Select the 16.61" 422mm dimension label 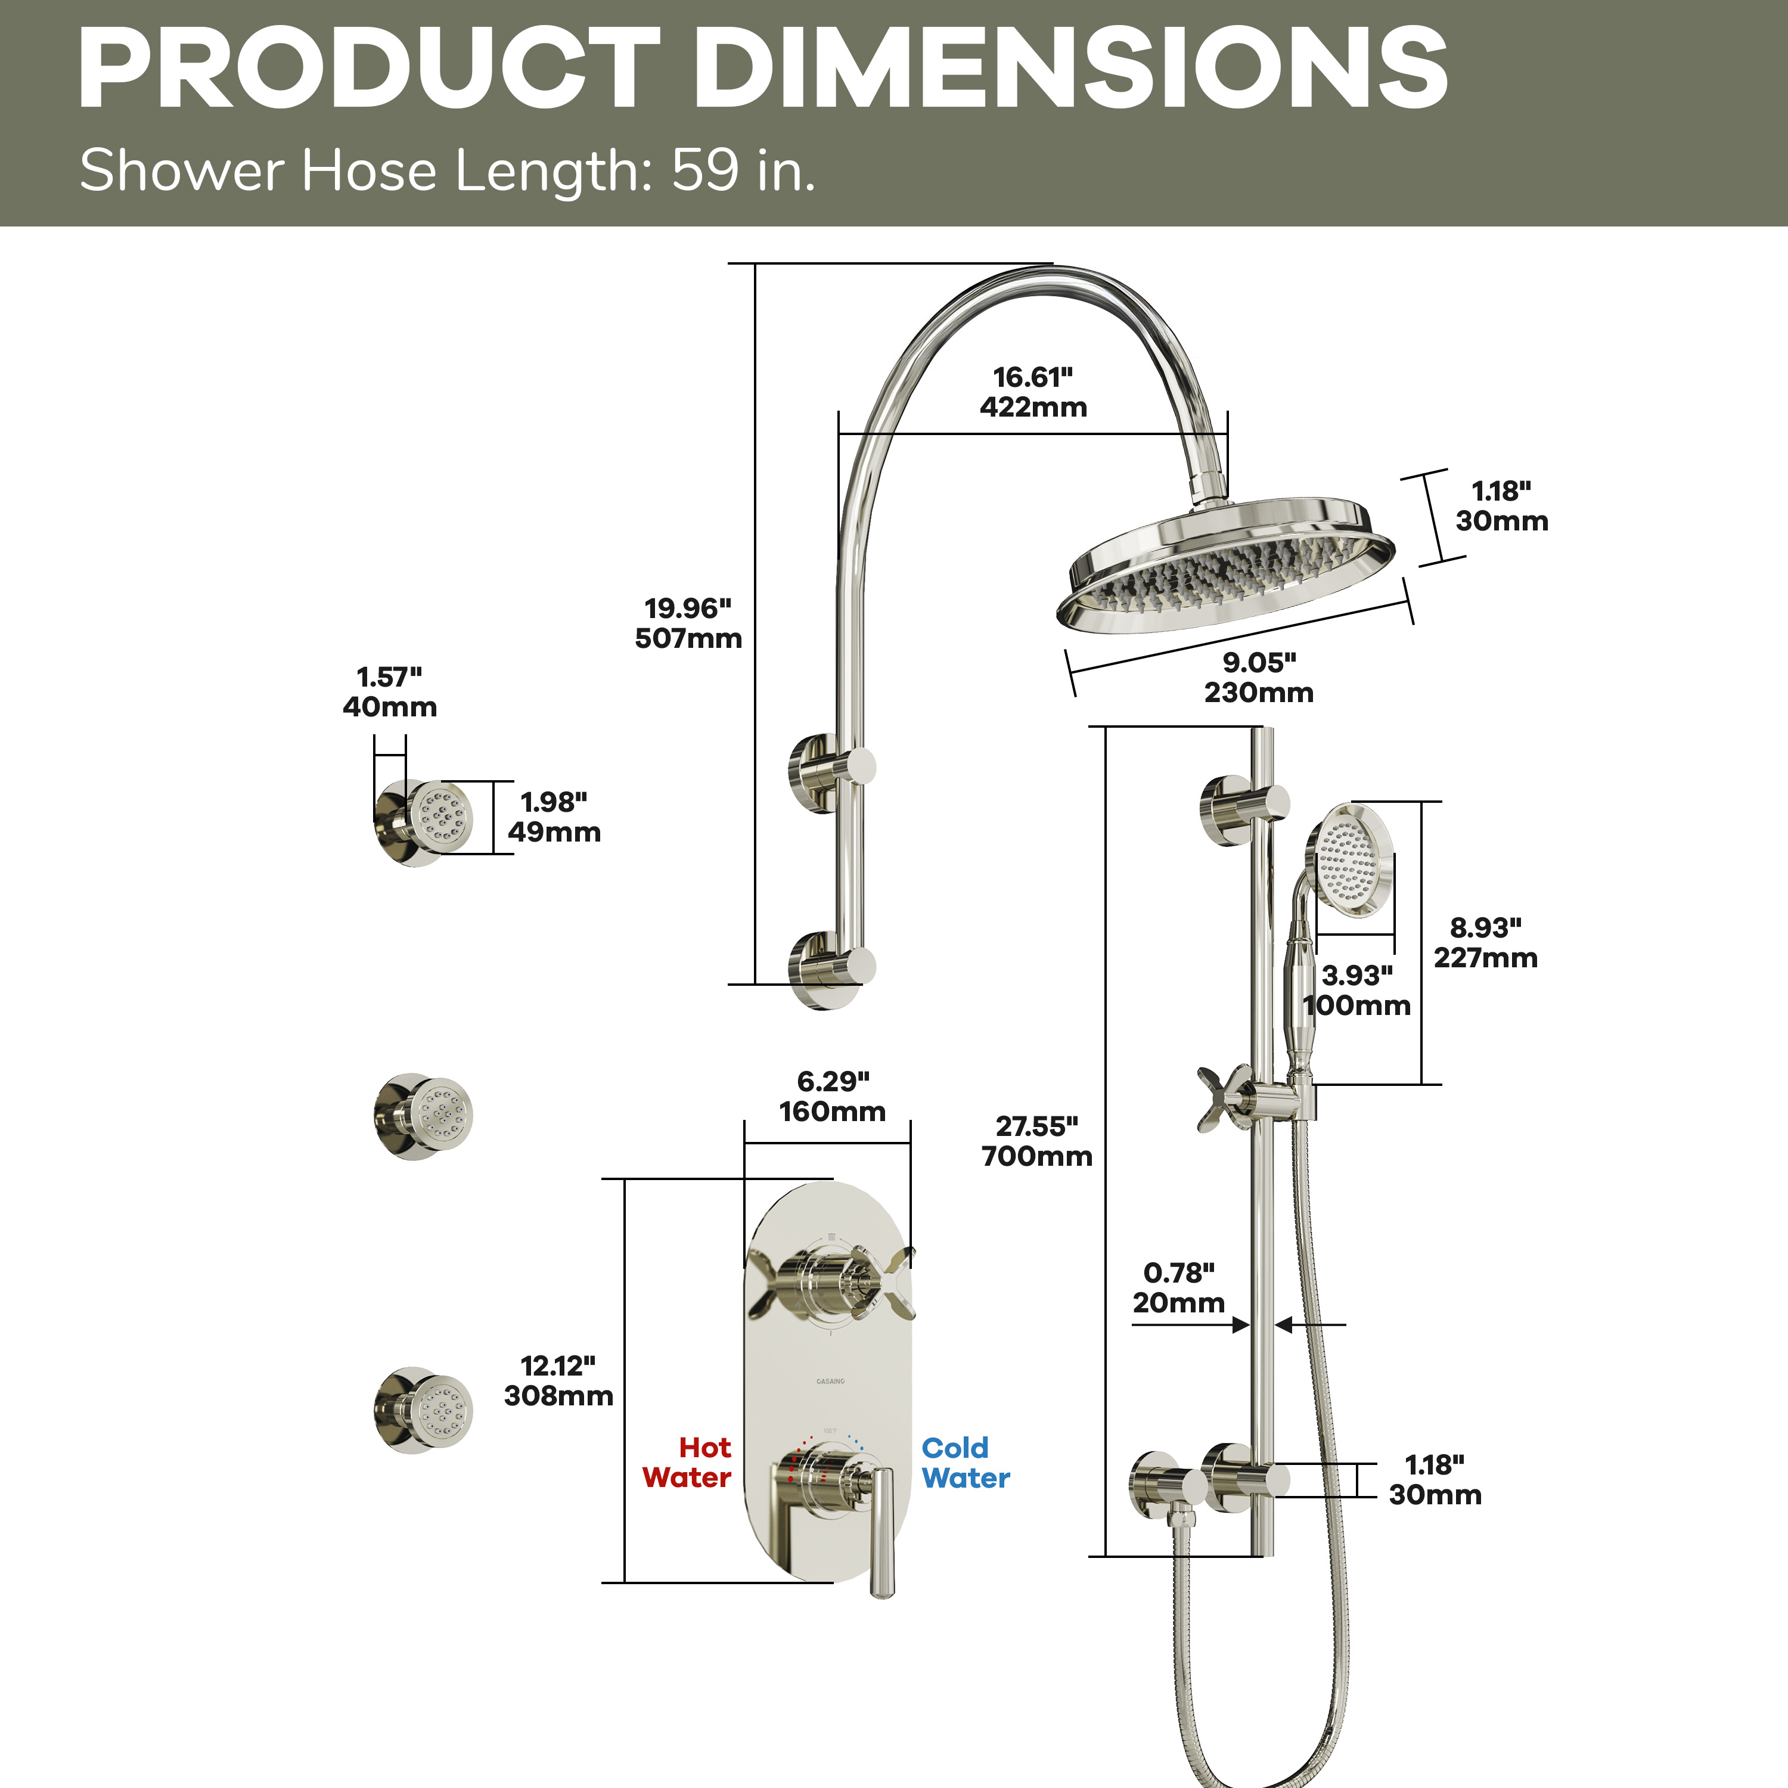[1033, 392]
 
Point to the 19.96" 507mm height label [688, 623]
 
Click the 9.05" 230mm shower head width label [1259, 676]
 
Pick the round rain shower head [1226, 564]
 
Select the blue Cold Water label [966, 1462]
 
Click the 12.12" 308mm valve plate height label [558, 1380]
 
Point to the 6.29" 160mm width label [832, 1096]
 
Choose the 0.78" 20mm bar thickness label [1178, 1287]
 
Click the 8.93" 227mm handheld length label [1485, 942]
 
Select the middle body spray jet [423, 1116]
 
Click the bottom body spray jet [423, 1410]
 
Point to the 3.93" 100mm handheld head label [1356, 990]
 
